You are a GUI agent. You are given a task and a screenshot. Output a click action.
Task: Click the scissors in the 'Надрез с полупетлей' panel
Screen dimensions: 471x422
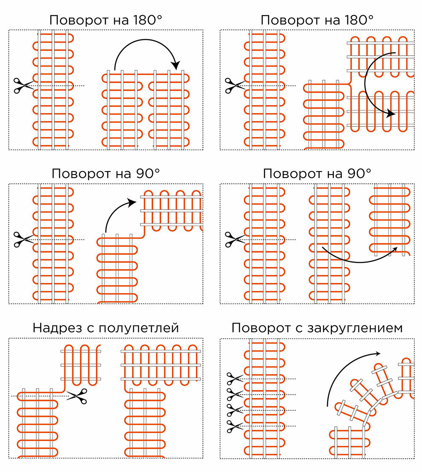coord(77,396)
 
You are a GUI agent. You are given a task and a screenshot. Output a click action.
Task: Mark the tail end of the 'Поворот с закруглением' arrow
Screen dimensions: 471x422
coord(328,406)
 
